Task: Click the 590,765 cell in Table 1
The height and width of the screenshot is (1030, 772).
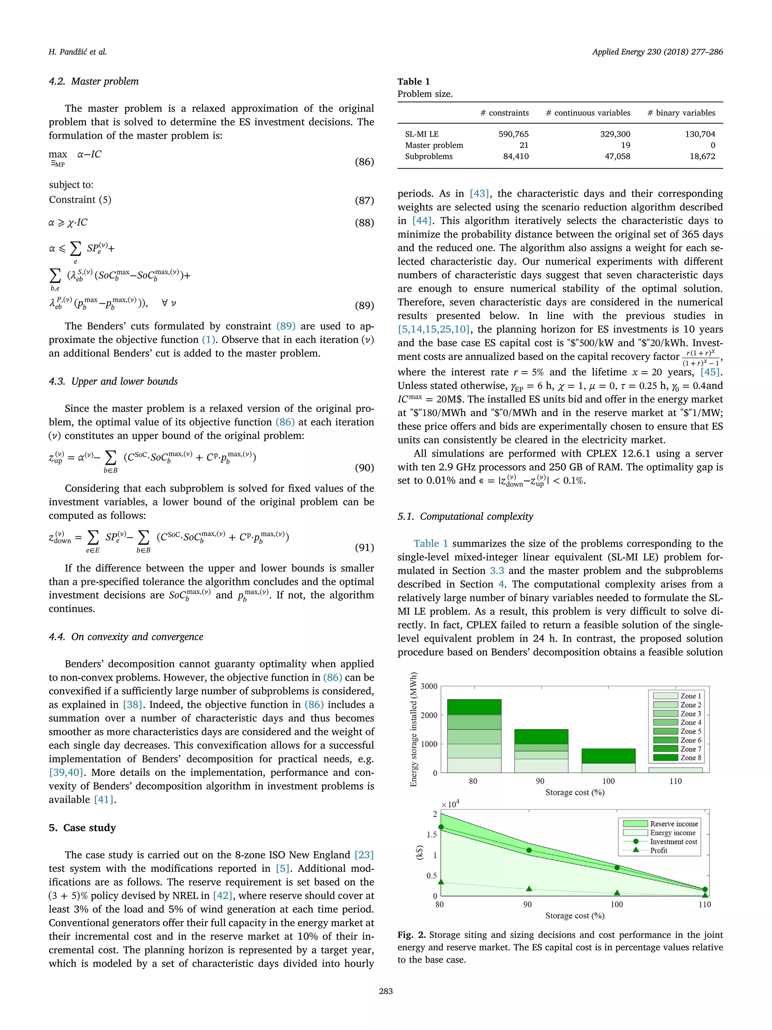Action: pos(513,134)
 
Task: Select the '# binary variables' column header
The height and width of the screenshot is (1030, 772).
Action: pos(681,113)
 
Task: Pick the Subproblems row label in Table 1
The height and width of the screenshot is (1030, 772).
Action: pos(429,157)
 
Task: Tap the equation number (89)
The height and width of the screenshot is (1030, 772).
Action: pos(365,305)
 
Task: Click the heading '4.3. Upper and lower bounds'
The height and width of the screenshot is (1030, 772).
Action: pos(113,381)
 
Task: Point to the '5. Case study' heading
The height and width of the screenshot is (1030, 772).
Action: pos(83,827)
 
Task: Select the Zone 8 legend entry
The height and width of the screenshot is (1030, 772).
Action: pos(677,758)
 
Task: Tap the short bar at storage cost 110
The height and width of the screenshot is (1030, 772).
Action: pos(675,770)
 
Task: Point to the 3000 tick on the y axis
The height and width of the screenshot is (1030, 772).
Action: pos(429,686)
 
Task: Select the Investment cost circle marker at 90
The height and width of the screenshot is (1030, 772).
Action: pos(528,850)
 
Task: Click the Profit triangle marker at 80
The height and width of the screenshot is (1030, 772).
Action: pos(441,882)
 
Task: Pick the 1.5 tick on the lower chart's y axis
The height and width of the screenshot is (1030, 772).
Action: pos(431,834)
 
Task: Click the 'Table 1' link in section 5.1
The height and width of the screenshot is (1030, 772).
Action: pos(430,543)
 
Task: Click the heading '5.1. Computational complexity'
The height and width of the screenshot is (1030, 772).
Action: pos(465,516)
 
